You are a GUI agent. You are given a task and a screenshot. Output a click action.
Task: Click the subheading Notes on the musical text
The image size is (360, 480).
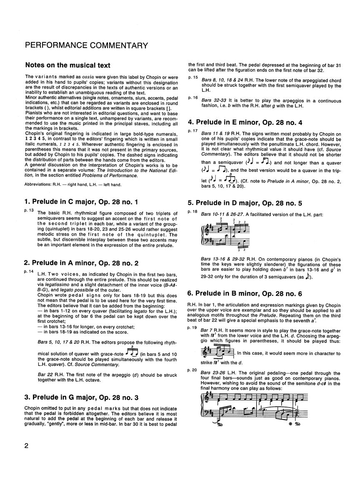point(68,65)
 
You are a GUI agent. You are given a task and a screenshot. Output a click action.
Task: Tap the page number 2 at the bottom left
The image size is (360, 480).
point(26,457)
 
